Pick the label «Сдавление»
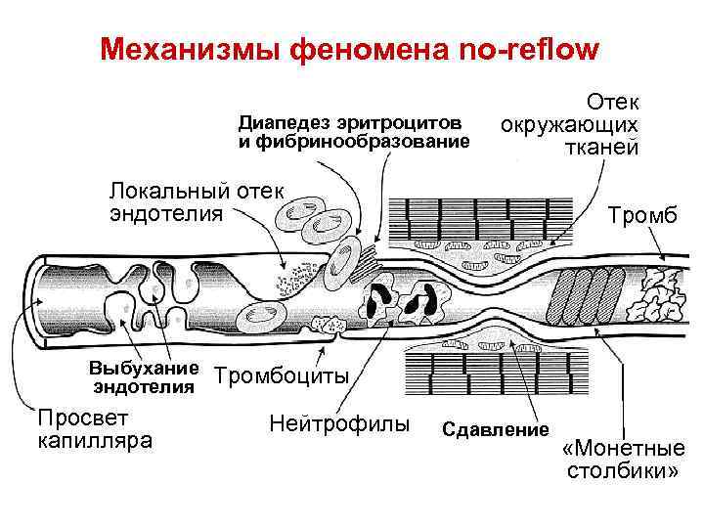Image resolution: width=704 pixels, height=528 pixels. coord(497,429)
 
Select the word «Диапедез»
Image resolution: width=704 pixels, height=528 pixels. coord(285,124)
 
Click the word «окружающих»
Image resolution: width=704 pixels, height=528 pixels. coord(570,125)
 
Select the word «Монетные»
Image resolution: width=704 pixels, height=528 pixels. coord(623,449)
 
